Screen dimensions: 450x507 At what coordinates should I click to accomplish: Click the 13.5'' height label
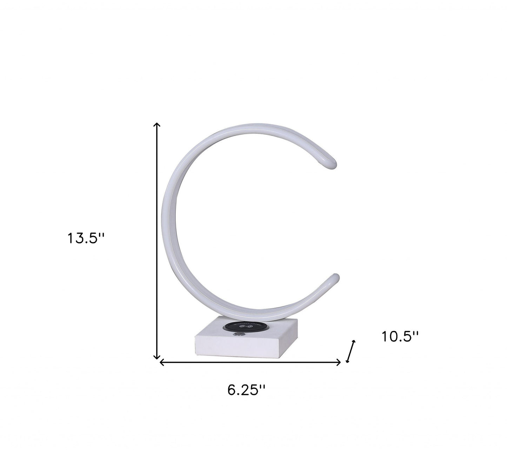[86, 239]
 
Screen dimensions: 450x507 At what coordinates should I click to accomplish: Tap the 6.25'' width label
[246, 390]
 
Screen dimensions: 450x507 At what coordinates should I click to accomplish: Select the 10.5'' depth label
[400, 337]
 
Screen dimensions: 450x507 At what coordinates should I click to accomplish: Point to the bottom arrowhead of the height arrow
[157, 358]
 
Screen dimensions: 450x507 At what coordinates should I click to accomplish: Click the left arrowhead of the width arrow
[161, 362]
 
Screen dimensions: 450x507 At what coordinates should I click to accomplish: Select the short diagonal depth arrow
[351, 351]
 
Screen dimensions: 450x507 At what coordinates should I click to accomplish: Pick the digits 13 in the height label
[74, 239]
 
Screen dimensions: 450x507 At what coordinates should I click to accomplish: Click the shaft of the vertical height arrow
[157, 242]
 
